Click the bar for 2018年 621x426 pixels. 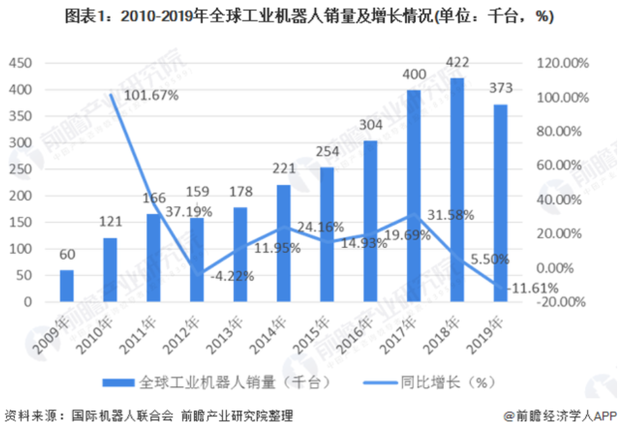point(457,190)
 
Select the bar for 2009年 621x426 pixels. point(67,286)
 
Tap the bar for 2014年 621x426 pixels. point(283,244)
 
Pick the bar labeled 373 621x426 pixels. point(500,203)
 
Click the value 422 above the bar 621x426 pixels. point(456,64)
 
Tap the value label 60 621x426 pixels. point(67,255)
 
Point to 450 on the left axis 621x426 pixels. point(20,63)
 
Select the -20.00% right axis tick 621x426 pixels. point(561,302)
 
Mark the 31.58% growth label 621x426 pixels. point(451,215)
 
